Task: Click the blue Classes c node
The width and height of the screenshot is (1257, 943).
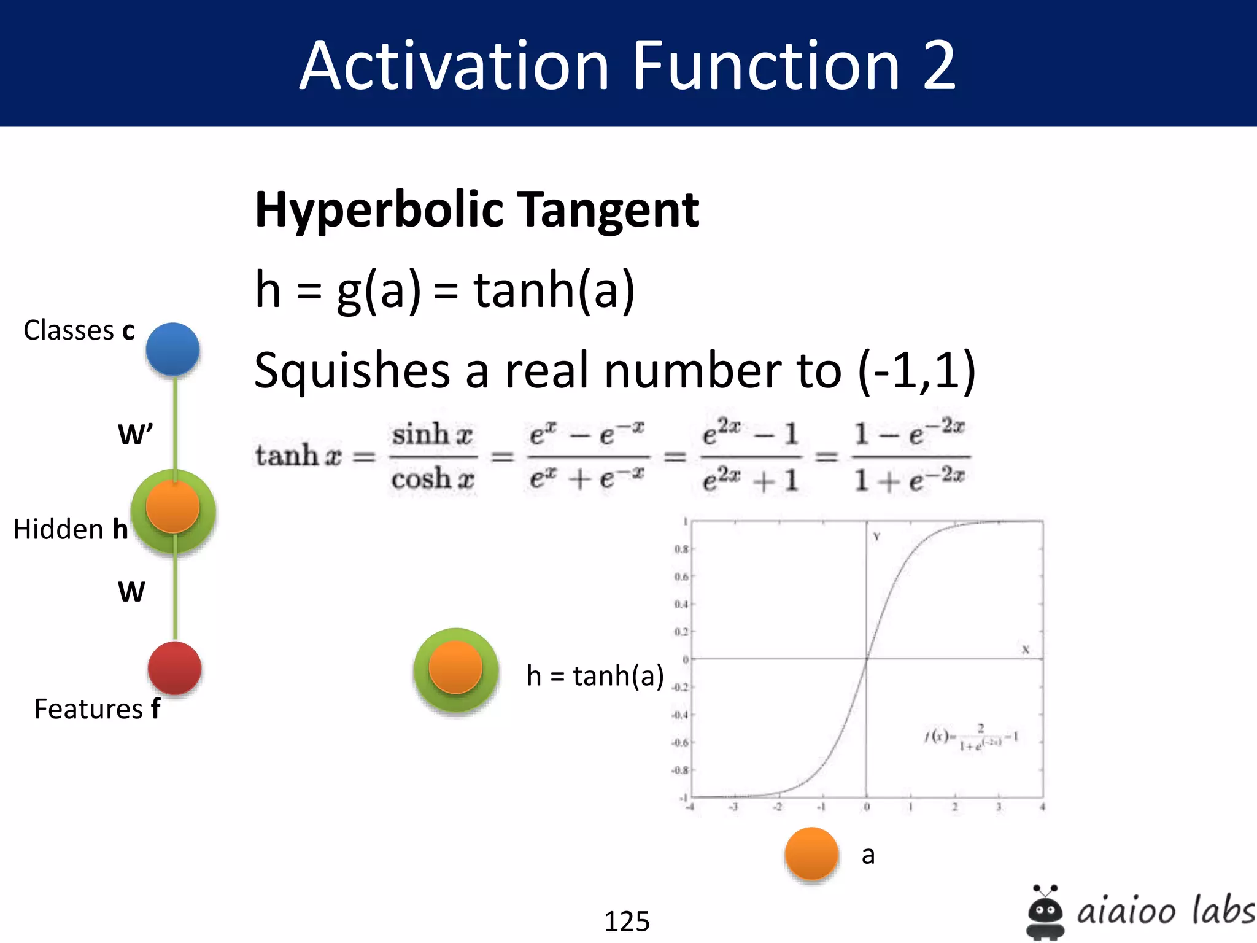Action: [x=172, y=349]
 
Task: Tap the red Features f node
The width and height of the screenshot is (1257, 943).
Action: [x=174, y=668]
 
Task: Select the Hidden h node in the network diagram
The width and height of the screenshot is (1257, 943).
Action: [x=173, y=510]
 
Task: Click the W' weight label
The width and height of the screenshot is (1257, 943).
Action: [x=135, y=434]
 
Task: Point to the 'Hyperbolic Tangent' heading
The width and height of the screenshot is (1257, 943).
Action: [x=477, y=209]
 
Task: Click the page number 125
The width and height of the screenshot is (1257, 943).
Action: [x=627, y=921]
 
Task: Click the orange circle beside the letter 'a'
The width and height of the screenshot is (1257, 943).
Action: [x=811, y=853]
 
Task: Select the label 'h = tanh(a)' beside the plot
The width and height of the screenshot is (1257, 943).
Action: [x=595, y=675]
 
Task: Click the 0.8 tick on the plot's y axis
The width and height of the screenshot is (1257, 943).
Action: [x=681, y=549]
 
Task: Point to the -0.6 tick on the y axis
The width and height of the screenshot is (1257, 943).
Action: [x=680, y=743]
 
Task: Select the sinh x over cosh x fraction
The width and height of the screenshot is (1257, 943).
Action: [x=433, y=456]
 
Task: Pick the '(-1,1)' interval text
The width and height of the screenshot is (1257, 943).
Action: [x=917, y=370]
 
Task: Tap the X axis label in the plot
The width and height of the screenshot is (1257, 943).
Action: [x=1025, y=650]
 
